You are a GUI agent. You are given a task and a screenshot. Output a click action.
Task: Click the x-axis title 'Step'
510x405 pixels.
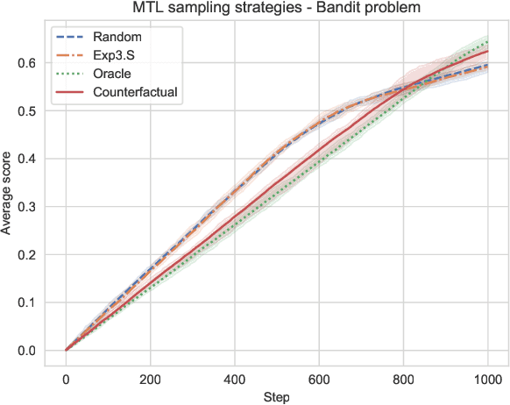click(276, 397)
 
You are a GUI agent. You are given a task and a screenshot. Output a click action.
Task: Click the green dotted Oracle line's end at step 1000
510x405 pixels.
click(487, 41)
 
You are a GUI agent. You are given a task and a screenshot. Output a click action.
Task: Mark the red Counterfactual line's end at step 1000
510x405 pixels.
click(487, 50)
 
